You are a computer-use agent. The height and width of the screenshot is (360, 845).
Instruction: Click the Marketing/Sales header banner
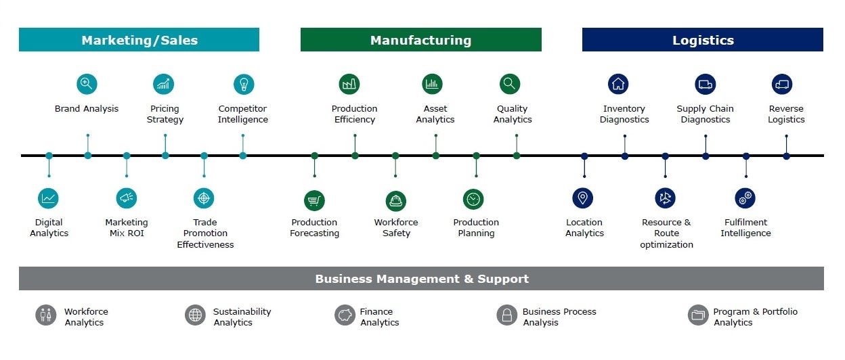139,40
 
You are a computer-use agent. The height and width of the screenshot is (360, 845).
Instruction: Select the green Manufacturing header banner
420,40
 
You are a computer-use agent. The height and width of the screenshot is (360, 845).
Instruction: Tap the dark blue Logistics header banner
702,40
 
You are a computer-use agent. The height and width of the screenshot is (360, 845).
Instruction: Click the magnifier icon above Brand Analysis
87,84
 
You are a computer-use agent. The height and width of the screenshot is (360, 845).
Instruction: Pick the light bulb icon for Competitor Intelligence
244,84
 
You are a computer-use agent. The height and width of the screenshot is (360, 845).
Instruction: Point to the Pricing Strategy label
165,114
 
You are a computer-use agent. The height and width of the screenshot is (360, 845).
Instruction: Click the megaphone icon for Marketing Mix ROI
127,198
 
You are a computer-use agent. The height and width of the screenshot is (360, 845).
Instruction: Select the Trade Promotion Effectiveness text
205,233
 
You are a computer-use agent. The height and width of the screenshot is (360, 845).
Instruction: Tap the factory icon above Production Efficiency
349,84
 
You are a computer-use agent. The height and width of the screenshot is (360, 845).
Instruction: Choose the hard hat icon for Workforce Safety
396,200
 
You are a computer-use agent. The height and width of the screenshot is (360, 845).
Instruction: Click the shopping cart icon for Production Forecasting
314,200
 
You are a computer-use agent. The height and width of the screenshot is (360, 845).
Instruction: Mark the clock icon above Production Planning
473,199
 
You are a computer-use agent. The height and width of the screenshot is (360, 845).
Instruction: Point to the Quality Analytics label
513,114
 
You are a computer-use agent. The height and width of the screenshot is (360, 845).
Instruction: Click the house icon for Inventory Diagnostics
618,84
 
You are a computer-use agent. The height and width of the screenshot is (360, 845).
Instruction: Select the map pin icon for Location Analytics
582,198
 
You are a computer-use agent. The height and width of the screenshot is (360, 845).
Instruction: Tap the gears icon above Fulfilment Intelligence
745,198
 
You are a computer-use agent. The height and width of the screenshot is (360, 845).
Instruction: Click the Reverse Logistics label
786,114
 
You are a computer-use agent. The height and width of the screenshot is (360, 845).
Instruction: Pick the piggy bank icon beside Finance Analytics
345,315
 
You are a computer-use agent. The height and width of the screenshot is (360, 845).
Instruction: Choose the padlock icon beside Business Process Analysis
506,315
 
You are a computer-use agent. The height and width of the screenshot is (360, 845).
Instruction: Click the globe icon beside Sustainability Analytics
195,315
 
